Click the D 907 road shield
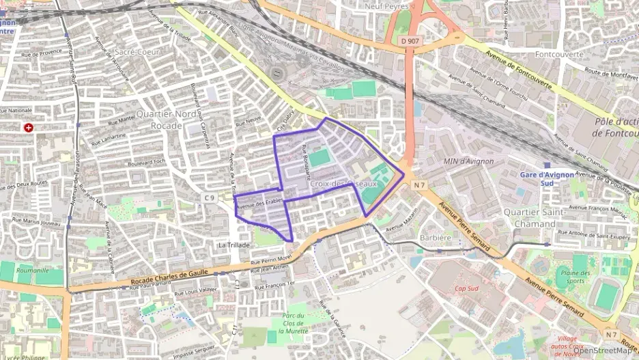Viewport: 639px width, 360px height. tap(410, 42)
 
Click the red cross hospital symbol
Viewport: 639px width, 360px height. tap(28, 128)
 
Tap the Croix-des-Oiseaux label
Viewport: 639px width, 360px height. tap(343, 184)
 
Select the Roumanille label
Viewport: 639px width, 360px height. tap(32, 271)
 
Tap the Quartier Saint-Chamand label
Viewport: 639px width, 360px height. tap(530, 217)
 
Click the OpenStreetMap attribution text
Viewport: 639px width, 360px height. tap(602, 350)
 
